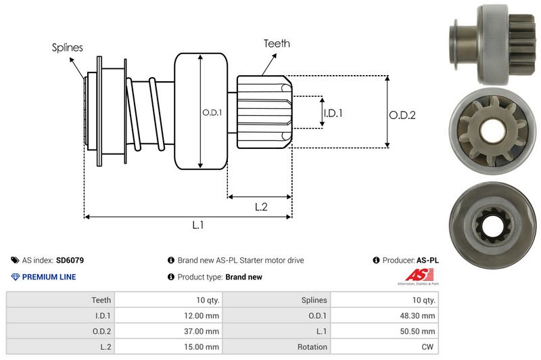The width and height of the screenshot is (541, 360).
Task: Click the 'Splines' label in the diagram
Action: tap(67, 47)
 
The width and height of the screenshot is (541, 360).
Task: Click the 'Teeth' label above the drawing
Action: tap(277, 43)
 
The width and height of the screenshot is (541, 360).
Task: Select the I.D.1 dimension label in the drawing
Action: tap(333, 113)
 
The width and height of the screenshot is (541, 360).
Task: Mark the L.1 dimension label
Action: tap(198, 226)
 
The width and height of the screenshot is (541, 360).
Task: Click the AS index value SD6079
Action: tap(70, 260)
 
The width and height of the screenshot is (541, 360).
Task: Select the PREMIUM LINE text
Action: tap(49, 277)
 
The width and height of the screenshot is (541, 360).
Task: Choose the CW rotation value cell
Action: tap(428, 346)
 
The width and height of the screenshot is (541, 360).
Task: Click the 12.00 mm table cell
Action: tap(202, 315)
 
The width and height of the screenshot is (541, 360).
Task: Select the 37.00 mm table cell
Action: tap(202, 331)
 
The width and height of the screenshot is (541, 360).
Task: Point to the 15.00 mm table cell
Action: tap(202, 346)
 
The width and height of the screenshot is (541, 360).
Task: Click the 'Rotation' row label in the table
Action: tap(312, 346)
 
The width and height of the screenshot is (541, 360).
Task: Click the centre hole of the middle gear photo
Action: tap(492, 131)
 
